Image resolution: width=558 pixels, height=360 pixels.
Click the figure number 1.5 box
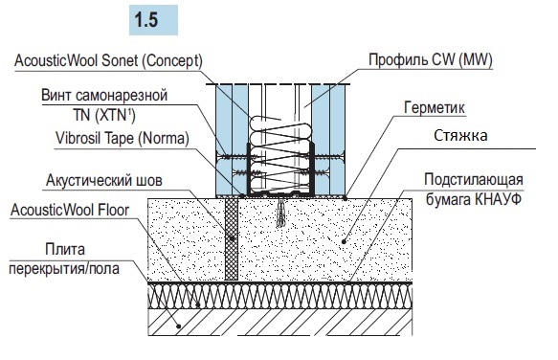(x=153, y=20)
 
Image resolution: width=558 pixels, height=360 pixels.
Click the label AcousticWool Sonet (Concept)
(x=108, y=60)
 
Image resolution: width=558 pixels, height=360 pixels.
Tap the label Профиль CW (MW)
(x=431, y=59)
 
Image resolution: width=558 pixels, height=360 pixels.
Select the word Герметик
(x=435, y=107)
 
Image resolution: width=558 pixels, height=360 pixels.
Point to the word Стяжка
(x=460, y=136)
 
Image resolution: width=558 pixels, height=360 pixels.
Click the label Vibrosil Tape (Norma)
(x=123, y=138)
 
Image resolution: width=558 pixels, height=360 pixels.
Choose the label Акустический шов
(x=104, y=181)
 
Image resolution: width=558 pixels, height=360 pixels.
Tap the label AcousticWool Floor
(x=70, y=210)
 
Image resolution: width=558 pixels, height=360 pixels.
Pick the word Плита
(x=65, y=249)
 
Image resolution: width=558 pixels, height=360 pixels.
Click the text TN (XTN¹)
(x=104, y=115)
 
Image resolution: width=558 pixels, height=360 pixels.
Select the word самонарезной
(x=122, y=96)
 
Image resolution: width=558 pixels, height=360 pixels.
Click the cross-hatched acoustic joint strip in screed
(x=232, y=239)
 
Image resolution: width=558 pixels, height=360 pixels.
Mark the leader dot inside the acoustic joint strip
(x=232, y=238)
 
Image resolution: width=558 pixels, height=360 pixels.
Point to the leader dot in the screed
(x=344, y=242)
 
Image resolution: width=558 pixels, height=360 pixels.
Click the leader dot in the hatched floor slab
(x=179, y=326)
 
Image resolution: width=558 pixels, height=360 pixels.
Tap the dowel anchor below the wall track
(x=280, y=213)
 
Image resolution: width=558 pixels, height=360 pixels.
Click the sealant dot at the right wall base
(x=346, y=197)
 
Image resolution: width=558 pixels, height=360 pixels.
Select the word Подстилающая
(x=474, y=179)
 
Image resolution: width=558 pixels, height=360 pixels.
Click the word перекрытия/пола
(x=64, y=268)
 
